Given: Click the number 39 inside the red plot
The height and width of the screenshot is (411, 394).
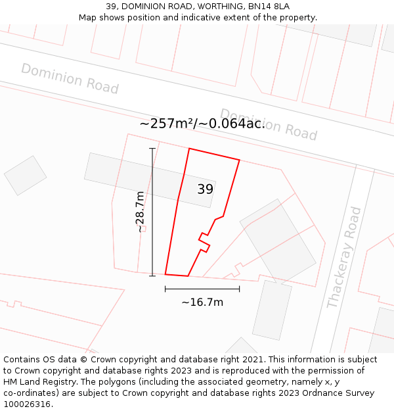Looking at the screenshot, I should coord(205,189).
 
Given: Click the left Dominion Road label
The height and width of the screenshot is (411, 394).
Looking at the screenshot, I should coord(70,78).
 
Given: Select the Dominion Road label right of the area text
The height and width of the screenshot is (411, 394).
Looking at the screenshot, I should coord(269,124).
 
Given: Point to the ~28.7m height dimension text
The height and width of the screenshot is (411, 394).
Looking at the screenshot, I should coord(140,212).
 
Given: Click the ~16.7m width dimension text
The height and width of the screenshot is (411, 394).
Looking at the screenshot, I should coord(202,302).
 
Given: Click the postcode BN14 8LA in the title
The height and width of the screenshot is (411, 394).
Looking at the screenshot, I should coord(269,7).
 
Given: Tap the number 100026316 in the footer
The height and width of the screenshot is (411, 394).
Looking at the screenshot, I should coord(26,404).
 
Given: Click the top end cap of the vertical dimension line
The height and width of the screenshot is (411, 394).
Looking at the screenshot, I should coord(152,149).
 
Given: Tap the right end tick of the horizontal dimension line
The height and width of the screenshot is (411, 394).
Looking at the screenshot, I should coord(239,289).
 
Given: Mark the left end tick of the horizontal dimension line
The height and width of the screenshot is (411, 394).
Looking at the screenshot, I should coord(165,289).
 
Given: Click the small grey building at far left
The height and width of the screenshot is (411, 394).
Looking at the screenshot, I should coord(26,175).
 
